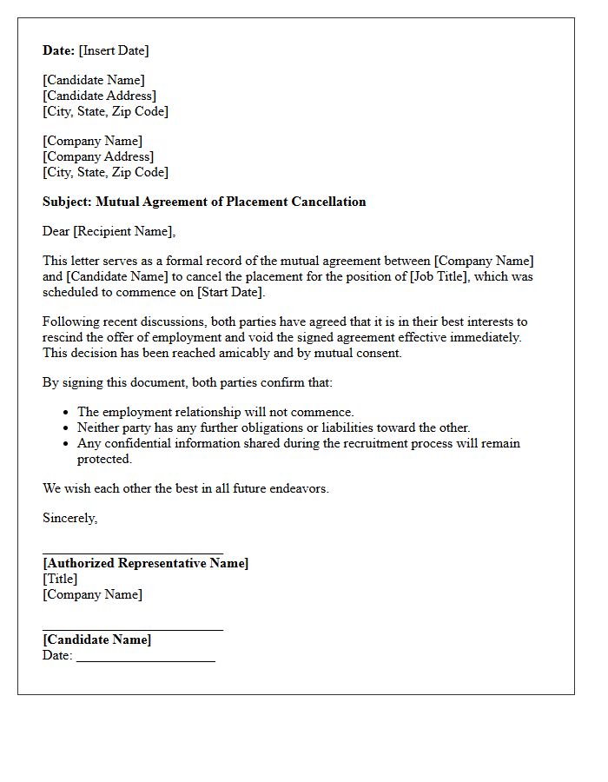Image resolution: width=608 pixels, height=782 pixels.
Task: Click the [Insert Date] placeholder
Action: tap(114, 50)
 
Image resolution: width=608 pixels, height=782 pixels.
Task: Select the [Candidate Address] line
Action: tap(100, 96)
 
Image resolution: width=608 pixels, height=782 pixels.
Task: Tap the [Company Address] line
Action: tap(98, 156)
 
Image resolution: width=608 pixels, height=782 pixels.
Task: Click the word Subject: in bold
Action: tap(67, 202)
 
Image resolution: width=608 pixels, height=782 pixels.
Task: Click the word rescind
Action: tap(63, 337)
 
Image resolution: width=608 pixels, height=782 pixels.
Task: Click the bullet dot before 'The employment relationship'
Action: tap(67, 413)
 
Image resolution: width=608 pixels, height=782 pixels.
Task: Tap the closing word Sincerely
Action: tap(69, 518)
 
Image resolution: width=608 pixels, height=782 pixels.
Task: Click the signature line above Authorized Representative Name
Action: tap(133, 553)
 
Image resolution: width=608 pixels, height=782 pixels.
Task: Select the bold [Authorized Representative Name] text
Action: tap(145, 563)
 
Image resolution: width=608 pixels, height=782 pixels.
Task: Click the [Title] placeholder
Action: tap(60, 579)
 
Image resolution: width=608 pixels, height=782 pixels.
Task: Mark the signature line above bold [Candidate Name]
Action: tap(133, 629)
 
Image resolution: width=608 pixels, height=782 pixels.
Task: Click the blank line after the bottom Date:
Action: tap(145, 660)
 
